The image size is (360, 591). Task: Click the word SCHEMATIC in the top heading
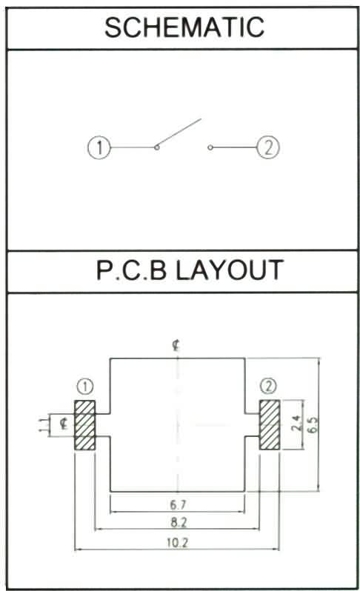click(184, 27)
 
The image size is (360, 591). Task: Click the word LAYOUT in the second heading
click(230, 270)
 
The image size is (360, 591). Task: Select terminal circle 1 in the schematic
click(99, 147)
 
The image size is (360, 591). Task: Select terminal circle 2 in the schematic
click(268, 147)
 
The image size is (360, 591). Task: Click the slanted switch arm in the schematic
click(179, 133)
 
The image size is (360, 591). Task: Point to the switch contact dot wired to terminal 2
click(210, 147)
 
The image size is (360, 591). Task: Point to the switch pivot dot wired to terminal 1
click(157, 147)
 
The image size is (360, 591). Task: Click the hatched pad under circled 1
click(85, 425)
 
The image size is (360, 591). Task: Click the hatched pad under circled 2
click(270, 425)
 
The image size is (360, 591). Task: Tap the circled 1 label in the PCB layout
click(85, 387)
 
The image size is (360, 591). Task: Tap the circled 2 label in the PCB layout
click(268, 386)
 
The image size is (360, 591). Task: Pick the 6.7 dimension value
click(178, 504)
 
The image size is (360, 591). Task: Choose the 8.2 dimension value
click(179, 522)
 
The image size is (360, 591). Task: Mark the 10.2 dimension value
click(177, 543)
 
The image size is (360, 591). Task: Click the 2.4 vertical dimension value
click(296, 424)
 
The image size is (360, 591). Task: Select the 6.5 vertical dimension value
click(312, 425)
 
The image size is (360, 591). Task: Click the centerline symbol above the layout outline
click(176, 345)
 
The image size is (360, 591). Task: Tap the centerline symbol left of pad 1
click(64, 424)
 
